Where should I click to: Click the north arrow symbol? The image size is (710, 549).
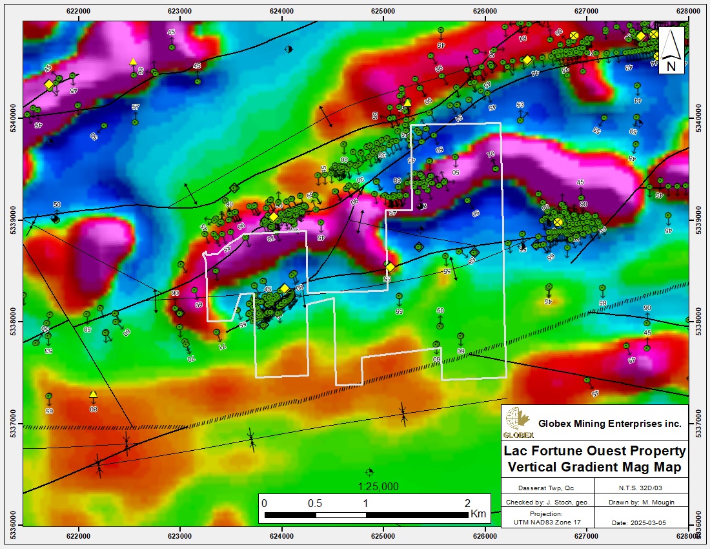pyautogui.click(x=671, y=50)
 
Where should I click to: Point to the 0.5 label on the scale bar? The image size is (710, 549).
pyautogui.click(x=315, y=503)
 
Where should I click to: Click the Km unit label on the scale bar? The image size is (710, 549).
pyautogui.click(x=478, y=515)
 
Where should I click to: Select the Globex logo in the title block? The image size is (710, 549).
pyautogui.click(x=518, y=423)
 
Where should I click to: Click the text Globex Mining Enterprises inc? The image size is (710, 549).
pyautogui.click(x=611, y=424)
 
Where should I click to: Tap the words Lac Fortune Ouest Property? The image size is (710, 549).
pyautogui.click(x=596, y=451)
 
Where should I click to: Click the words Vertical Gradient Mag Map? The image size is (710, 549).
pyautogui.click(x=596, y=466)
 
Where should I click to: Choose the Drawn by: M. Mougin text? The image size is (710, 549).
pyautogui.click(x=642, y=501)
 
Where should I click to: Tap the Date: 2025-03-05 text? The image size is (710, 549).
pyautogui.click(x=642, y=522)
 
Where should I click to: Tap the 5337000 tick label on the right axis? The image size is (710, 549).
pyautogui.click(x=698, y=423)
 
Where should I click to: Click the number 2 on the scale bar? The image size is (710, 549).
pyautogui.click(x=467, y=503)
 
